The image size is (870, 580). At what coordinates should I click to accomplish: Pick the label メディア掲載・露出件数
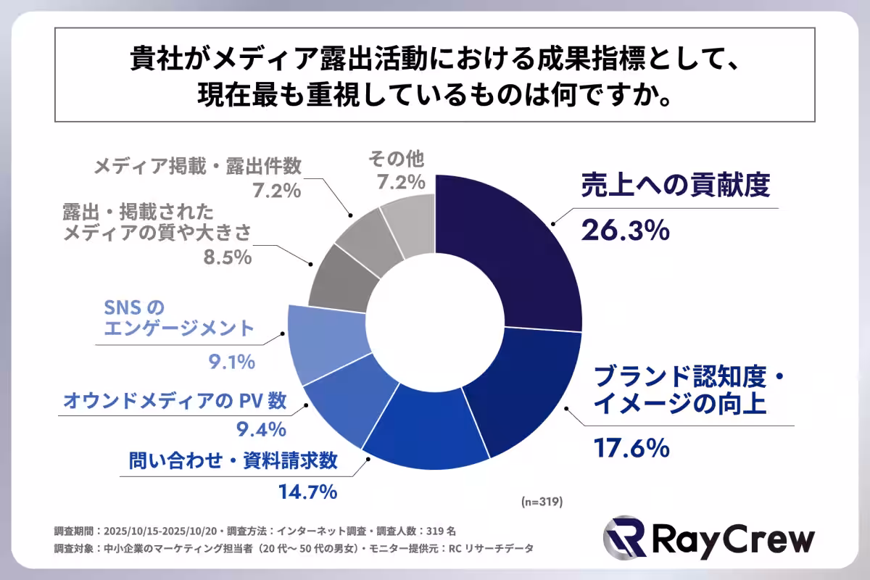point(197,166)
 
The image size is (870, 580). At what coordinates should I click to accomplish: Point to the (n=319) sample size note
point(541,501)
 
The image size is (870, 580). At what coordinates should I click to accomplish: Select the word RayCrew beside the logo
point(732,539)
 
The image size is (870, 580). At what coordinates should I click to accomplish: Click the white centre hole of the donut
point(435,322)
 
